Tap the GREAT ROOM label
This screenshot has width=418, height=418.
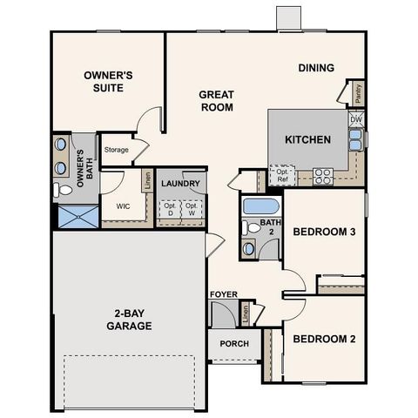click(216, 101)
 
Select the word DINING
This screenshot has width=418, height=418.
click(316, 68)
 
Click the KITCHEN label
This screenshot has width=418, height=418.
click(308, 139)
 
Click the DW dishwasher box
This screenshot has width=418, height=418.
click(357, 118)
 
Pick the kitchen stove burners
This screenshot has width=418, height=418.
click(323, 176)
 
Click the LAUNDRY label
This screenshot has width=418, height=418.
click(181, 184)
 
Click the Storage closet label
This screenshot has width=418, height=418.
click(117, 150)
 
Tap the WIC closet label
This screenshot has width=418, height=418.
click(122, 207)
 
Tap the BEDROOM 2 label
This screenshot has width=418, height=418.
click(323, 339)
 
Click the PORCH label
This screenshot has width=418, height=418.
click(234, 343)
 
